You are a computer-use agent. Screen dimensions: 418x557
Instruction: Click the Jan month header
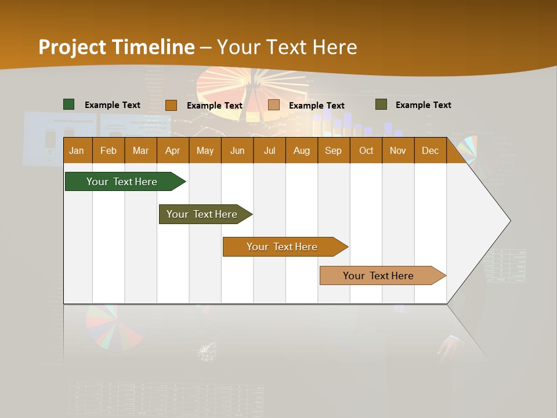pyautogui.click(x=77, y=150)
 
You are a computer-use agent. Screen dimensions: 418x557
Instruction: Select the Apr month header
pyautogui.click(x=173, y=150)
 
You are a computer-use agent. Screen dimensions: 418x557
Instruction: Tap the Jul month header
pyautogui.click(x=269, y=150)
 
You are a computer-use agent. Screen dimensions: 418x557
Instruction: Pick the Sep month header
pyautogui.click(x=334, y=150)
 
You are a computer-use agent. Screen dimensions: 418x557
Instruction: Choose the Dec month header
pyautogui.click(x=430, y=150)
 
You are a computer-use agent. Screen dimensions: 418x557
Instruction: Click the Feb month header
pyautogui.click(x=108, y=150)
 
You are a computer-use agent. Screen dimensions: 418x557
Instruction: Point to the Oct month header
pyautogui.click(x=366, y=150)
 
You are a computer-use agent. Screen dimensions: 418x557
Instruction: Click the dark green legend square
pyautogui.click(x=68, y=105)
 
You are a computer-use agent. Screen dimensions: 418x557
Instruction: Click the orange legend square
pyautogui.click(x=171, y=105)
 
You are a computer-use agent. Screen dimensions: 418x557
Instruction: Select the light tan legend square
pyautogui.click(x=274, y=105)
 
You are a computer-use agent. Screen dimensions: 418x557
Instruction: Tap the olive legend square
pyautogui.click(x=381, y=105)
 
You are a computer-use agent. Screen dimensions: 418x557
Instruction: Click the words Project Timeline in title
pyautogui.click(x=116, y=47)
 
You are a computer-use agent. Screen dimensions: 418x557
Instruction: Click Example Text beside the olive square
pyautogui.click(x=423, y=105)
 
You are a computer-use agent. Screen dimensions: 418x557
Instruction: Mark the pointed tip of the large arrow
pyautogui.click(x=509, y=220)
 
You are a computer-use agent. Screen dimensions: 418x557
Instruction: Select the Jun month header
pyautogui.click(x=237, y=150)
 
